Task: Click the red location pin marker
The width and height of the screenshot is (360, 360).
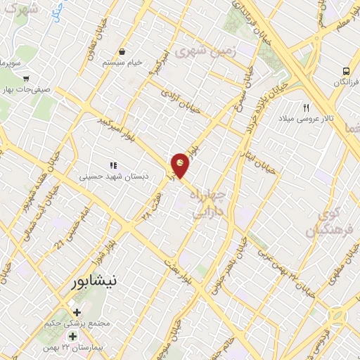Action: tap(180, 165)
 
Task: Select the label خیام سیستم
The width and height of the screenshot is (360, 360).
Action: tap(123, 63)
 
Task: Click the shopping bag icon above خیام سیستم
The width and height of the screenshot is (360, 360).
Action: tap(123, 51)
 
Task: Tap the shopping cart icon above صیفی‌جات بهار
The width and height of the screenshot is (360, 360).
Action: tap(26, 79)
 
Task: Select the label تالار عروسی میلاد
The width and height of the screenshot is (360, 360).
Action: tap(307, 119)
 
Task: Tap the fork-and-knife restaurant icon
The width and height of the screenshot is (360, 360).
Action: tap(306, 108)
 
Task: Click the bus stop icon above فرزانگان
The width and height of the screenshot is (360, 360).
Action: tap(347, 71)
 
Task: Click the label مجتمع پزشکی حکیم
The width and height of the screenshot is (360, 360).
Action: tap(77, 323)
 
